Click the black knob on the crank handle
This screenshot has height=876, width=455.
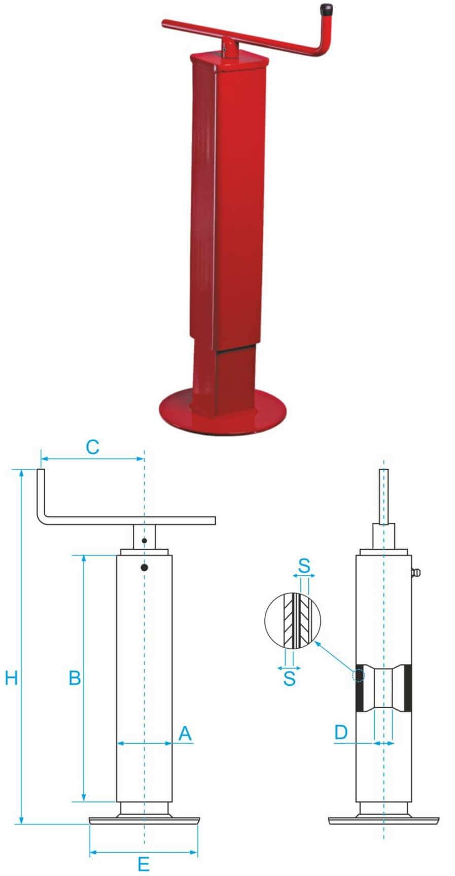326,10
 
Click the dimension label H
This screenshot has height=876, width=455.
12,678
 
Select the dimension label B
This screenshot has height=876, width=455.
75,678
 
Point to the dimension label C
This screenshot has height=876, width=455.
92,447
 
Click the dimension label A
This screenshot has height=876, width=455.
185,733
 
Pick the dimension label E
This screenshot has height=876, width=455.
144,864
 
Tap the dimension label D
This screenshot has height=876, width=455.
341,732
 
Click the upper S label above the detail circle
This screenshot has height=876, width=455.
304,566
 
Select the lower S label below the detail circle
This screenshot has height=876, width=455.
289,679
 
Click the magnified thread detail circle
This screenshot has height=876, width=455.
293,620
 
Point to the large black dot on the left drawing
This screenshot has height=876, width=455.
144,568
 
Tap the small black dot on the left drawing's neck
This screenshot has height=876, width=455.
144,541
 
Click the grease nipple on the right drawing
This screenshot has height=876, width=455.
416,574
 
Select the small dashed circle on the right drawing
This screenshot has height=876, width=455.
358,676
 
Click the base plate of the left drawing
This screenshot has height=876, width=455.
144,820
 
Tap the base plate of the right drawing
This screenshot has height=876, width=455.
383,820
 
